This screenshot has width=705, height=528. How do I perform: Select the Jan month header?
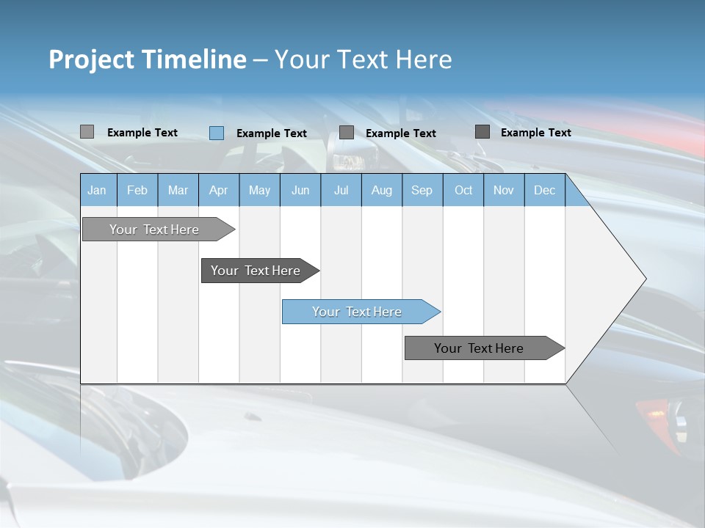[97, 191]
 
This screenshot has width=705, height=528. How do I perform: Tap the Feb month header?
[137, 191]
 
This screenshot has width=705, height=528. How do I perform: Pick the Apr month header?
[218, 191]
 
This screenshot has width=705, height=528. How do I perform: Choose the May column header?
[259, 191]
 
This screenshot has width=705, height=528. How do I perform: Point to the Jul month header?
[341, 191]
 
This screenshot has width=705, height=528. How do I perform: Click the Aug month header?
[381, 191]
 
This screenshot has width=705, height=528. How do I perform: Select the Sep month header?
[422, 191]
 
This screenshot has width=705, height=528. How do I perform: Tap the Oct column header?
[463, 191]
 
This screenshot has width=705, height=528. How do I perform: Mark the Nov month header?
[504, 191]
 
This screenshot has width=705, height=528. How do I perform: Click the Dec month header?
[544, 191]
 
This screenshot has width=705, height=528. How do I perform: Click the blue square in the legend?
[217, 133]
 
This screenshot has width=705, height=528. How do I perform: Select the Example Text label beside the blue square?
[272, 133]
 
